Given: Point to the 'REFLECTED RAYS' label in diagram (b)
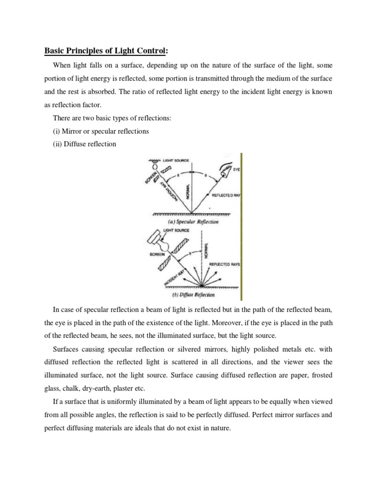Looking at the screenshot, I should [x=223, y=264].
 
